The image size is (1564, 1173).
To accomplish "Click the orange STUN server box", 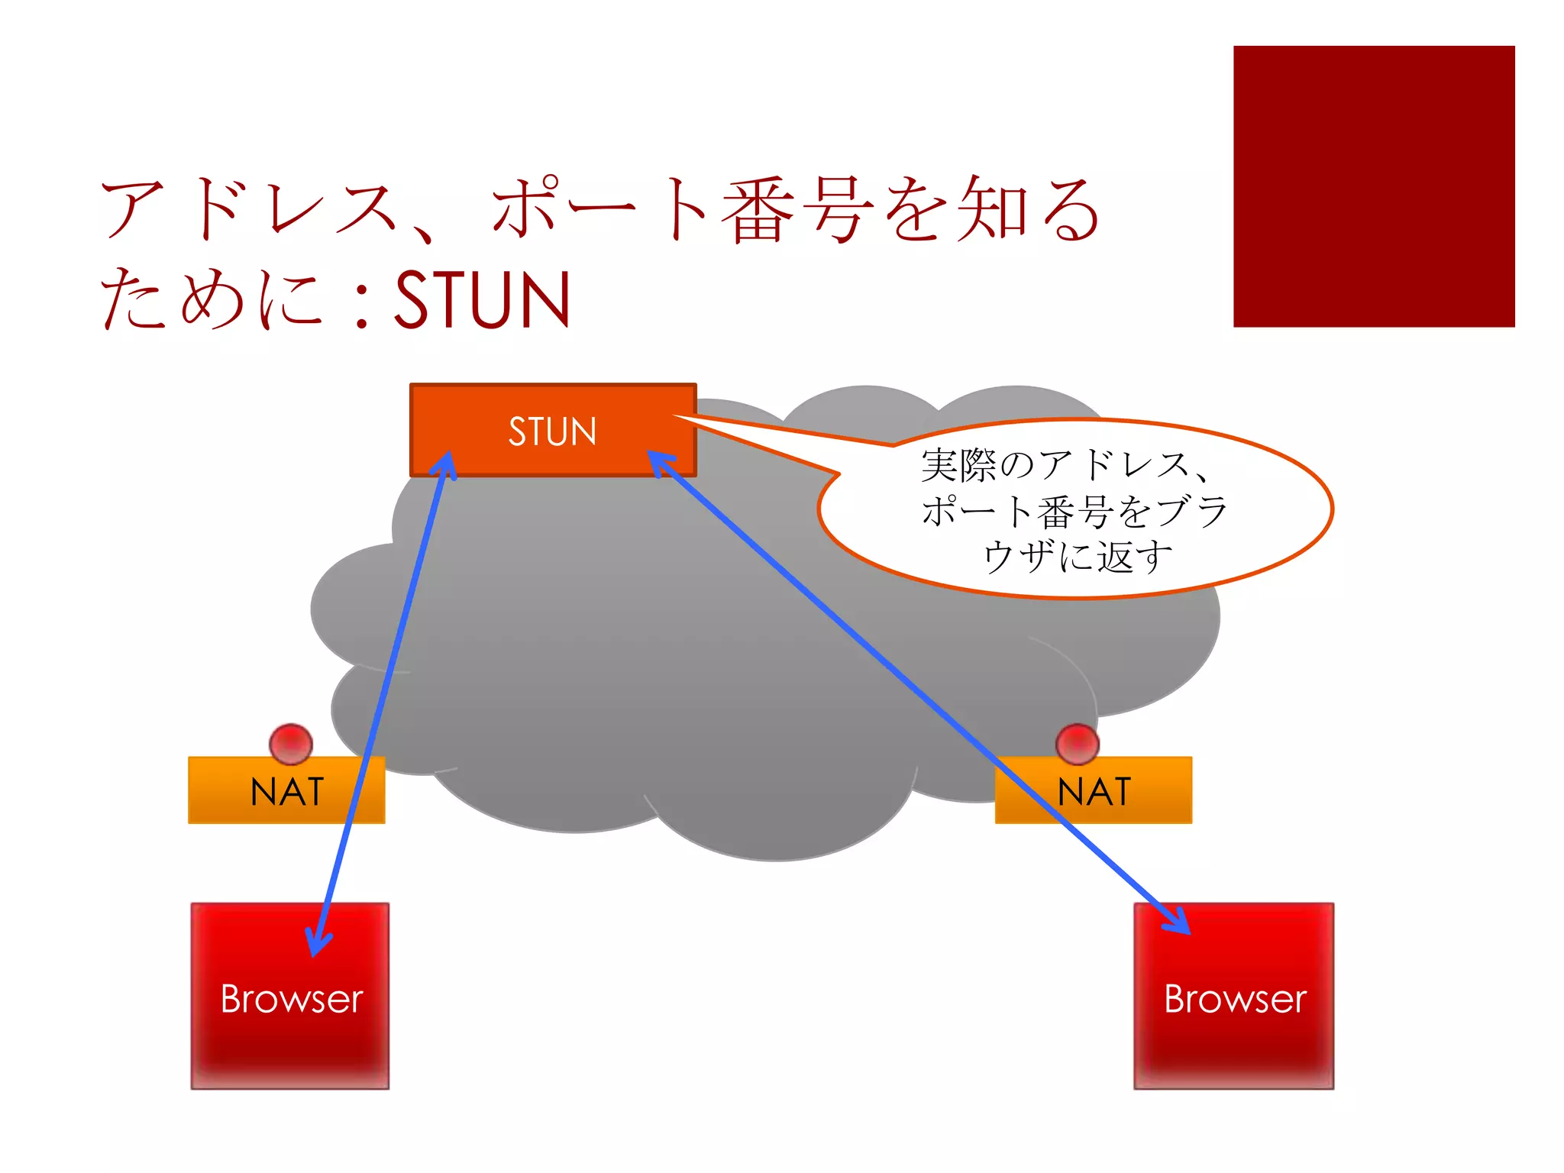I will point(553,430).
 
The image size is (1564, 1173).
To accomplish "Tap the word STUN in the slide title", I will point(482,299).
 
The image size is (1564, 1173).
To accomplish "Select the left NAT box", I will point(286,790).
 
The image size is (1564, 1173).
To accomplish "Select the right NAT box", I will point(1093,790).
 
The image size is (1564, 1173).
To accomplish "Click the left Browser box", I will point(290,996).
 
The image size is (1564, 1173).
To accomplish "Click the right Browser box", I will point(1234,996).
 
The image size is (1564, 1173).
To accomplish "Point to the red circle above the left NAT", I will point(291,743).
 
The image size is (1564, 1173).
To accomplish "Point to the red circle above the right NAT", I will point(1078,743).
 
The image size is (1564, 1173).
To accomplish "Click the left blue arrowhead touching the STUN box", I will point(445,464).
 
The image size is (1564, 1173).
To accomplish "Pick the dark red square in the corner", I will point(1373,186).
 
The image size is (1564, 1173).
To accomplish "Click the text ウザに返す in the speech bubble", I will point(1077,556).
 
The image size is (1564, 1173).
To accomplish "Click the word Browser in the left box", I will point(291,999).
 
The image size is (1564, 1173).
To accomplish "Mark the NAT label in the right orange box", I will point(1094,791).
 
